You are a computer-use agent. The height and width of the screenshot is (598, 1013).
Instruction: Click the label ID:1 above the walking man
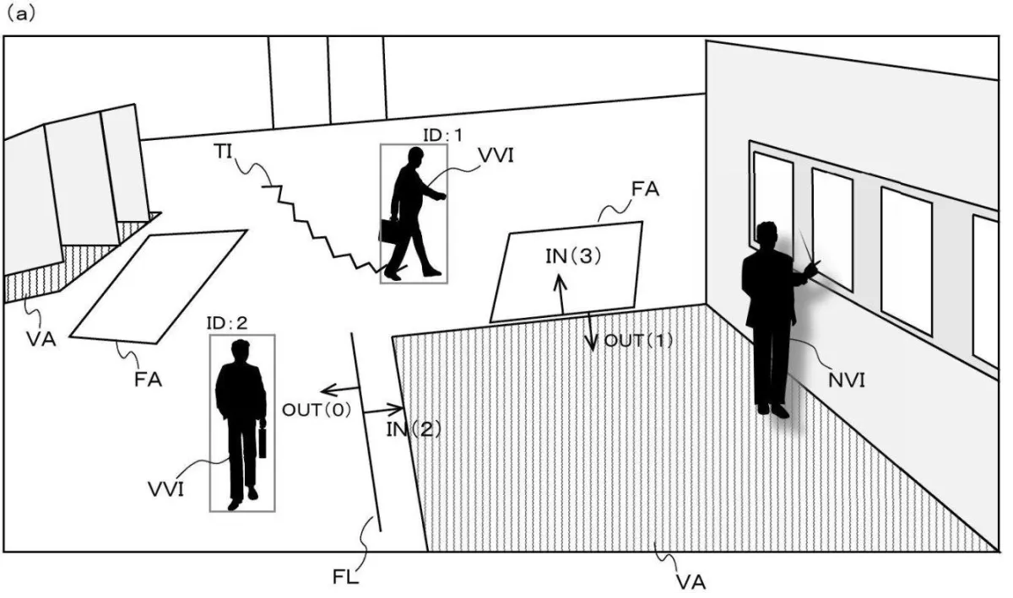[x=442, y=135]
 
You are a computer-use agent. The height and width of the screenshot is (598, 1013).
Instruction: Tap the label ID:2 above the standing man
[x=227, y=323]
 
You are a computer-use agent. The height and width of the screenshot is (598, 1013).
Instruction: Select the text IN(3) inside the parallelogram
[x=573, y=256]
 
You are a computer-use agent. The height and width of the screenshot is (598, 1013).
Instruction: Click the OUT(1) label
[x=638, y=341]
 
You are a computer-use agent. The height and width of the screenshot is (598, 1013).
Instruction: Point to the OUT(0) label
[x=317, y=410]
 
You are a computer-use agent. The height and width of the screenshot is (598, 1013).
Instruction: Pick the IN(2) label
[x=414, y=429]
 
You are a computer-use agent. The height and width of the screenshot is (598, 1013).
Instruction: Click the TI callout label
[x=223, y=152]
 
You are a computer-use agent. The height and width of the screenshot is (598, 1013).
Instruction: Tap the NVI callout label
[x=847, y=380]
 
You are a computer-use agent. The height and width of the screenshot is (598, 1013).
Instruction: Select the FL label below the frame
[x=346, y=577]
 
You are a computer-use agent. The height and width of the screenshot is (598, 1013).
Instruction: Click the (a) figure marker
[x=20, y=14]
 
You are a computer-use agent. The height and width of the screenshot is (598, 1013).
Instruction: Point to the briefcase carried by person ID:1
[x=389, y=231]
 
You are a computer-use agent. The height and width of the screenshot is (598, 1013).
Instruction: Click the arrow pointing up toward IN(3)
[x=561, y=294]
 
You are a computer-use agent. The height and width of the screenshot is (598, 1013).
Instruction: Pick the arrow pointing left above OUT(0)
[x=339, y=390]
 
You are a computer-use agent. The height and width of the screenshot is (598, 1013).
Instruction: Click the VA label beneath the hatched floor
[x=691, y=583]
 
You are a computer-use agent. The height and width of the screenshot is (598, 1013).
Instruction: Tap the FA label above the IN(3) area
[x=645, y=188]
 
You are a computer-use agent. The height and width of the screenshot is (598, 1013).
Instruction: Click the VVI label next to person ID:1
[x=496, y=156]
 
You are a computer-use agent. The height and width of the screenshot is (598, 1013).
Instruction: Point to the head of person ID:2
[x=240, y=350]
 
